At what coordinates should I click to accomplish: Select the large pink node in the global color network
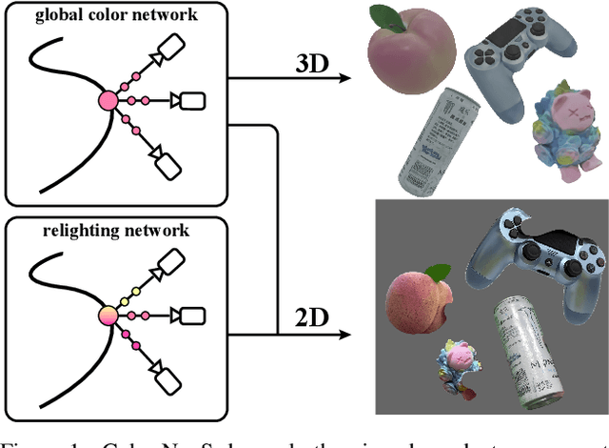point(108,100)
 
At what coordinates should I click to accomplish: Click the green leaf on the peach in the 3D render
point(385,16)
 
